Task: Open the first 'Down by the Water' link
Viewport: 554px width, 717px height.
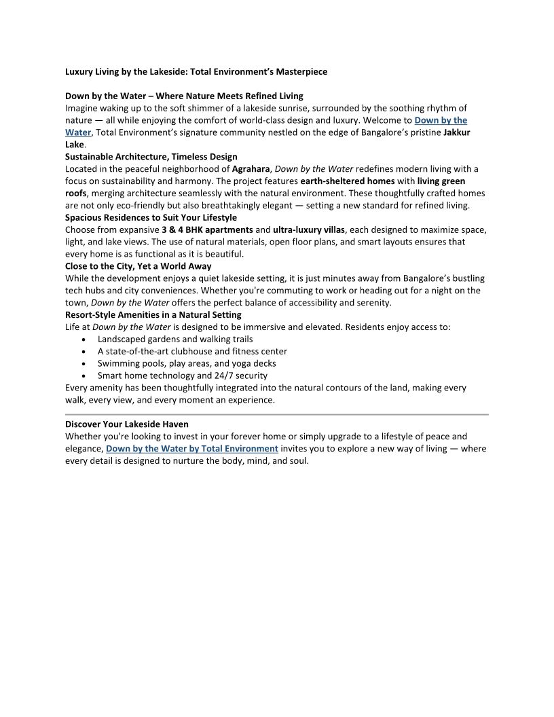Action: click(x=440, y=121)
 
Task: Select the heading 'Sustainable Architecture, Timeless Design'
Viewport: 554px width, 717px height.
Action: click(x=151, y=157)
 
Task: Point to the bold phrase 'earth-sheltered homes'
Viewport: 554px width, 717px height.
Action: click(x=348, y=181)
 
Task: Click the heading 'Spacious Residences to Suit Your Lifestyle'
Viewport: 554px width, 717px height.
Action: click(x=151, y=218)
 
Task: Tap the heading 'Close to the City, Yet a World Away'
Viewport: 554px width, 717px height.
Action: click(x=138, y=266)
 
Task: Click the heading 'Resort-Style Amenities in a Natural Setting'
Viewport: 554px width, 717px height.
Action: click(x=153, y=315)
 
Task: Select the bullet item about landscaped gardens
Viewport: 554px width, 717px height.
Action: click(x=174, y=339)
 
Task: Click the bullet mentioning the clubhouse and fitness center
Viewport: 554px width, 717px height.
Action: click(x=192, y=351)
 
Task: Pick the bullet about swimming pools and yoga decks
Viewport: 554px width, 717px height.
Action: click(x=187, y=363)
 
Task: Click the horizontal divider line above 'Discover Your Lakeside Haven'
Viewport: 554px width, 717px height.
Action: click(x=276, y=414)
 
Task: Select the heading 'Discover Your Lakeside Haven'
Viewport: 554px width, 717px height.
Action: click(x=127, y=424)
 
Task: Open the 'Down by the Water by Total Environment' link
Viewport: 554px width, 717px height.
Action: click(x=192, y=449)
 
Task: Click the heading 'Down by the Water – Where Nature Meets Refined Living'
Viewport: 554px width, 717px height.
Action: click(x=184, y=96)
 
